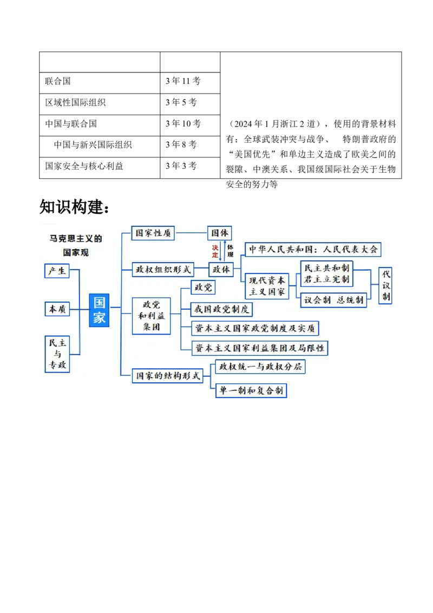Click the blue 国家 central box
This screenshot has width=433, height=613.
point(99,310)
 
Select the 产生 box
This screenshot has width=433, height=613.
point(57,271)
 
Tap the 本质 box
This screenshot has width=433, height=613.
point(57,309)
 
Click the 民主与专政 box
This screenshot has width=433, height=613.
point(57,354)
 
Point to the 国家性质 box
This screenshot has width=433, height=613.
point(154,233)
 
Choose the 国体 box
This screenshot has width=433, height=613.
point(219,233)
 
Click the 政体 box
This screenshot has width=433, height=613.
point(221,269)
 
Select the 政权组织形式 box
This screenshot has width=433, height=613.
point(163,269)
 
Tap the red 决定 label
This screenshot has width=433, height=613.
point(215,251)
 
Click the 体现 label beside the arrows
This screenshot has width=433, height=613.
point(230,251)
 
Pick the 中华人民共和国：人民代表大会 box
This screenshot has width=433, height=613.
point(313,250)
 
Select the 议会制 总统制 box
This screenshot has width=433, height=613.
point(333,300)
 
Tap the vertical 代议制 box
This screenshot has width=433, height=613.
point(385,285)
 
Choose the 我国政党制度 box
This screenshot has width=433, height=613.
point(222,310)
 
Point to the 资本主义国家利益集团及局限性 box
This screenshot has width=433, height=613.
point(260,348)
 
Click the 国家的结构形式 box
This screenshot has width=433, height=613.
point(167,375)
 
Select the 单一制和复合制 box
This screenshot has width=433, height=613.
point(251,390)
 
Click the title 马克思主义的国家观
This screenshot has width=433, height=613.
point(76,245)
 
